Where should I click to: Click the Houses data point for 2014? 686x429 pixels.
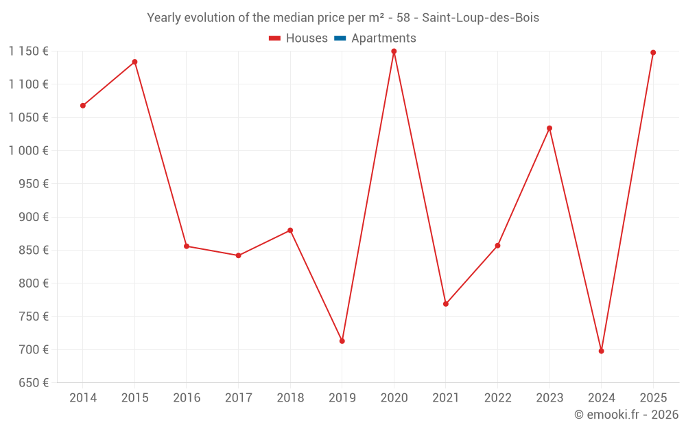pyautogui.click(x=83, y=106)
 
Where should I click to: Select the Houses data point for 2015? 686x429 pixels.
pyautogui.click(x=134, y=62)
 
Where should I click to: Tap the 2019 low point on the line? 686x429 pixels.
pyautogui.click(x=342, y=341)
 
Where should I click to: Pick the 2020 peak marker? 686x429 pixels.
pyautogui.click(x=394, y=51)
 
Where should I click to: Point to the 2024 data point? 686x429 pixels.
pyautogui.click(x=601, y=351)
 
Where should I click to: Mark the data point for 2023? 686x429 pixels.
pyautogui.click(x=549, y=128)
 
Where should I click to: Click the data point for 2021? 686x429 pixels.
pyautogui.click(x=446, y=304)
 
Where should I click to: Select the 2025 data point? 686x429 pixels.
pyautogui.click(x=653, y=53)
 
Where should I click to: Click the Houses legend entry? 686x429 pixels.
pyautogui.click(x=298, y=38)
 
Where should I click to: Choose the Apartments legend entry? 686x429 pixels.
pyautogui.click(x=376, y=38)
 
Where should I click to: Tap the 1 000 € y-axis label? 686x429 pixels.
pyautogui.click(x=28, y=150)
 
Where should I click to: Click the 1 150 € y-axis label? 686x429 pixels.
pyautogui.click(x=28, y=51)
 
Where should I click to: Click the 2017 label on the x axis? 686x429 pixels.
pyautogui.click(x=238, y=398)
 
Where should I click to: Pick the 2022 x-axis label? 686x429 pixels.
pyautogui.click(x=497, y=398)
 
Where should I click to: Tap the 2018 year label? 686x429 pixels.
pyautogui.click(x=290, y=398)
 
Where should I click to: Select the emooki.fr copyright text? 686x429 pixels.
pyautogui.click(x=626, y=415)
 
